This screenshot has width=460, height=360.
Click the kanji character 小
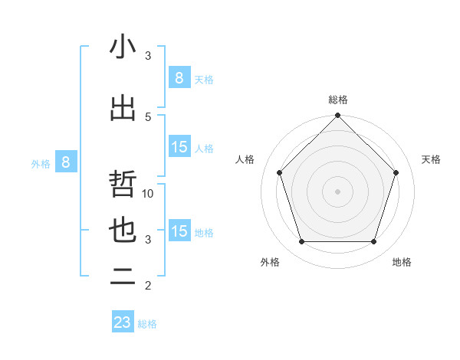point(123,47)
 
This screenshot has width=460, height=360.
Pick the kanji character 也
point(123,231)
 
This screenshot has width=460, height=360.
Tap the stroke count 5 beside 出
point(148,116)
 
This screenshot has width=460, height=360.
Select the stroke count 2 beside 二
point(148,286)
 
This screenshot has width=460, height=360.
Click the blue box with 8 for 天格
point(179,77)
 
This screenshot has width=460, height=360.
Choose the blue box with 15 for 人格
point(179,147)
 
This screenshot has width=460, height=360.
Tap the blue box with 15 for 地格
point(179,231)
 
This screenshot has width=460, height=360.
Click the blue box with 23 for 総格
point(123,322)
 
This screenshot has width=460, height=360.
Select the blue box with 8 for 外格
point(66,162)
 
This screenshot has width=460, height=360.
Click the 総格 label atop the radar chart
point(338,100)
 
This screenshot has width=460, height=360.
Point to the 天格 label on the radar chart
point(432,159)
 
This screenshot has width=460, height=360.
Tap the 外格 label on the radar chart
point(270,262)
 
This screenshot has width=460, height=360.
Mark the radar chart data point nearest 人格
point(280,172)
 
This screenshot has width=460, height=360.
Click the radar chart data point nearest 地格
point(373,241)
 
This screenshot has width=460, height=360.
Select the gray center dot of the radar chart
point(338,191)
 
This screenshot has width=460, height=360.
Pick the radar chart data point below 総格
point(338,116)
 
